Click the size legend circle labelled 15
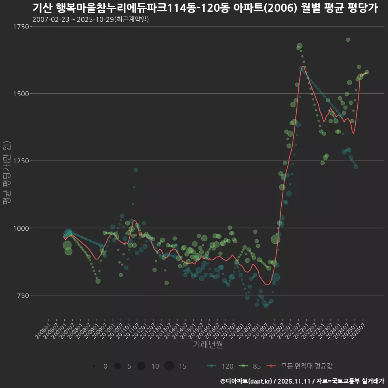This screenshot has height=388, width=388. [x=169, y=366]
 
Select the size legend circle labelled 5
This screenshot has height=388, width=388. [x=118, y=366]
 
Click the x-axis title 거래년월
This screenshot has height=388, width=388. [x=208, y=345]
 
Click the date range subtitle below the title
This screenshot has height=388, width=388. [x=91, y=19]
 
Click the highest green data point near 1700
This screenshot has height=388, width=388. [x=348, y=40]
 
